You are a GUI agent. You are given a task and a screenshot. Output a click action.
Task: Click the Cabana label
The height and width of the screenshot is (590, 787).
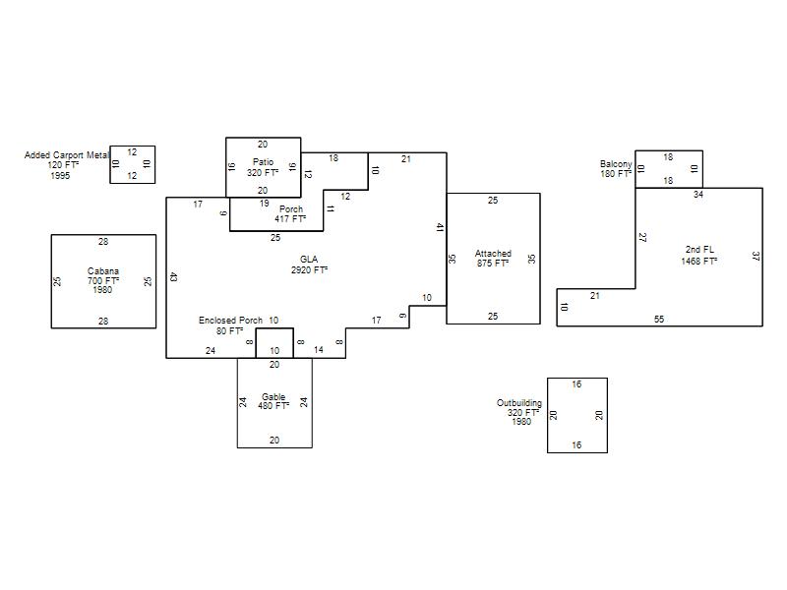(x=103, y=271)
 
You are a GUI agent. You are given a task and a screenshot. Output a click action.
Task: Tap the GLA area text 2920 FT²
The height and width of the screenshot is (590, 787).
(x=309, y=269)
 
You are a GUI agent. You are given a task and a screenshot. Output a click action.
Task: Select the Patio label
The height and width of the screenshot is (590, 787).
(x=263, y=162)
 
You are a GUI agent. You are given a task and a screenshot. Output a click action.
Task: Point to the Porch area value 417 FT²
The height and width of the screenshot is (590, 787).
(x=290, y=218)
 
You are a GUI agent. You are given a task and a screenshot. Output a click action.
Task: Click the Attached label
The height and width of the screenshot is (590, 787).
(x=493, y=254)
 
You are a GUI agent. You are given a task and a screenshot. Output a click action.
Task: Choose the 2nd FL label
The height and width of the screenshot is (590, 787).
(x=699, y=250)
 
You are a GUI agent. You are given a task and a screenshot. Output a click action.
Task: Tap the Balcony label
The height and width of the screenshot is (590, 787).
(x=616, y=164)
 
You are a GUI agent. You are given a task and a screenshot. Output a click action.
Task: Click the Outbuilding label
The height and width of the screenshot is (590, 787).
(x=519, y=403)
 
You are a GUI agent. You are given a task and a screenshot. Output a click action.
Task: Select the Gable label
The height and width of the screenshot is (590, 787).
(x=273, y=397)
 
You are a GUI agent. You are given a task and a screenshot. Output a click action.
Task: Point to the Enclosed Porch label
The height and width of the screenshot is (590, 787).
(x=230, y=321)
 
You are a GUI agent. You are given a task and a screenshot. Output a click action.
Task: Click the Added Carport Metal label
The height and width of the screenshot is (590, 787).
(x=67, y=155)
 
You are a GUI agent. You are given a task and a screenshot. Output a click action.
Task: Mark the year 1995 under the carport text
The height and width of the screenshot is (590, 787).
(x=60, y=176)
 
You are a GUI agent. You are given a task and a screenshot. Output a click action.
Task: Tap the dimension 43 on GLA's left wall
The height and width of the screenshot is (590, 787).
(x=173, y=276)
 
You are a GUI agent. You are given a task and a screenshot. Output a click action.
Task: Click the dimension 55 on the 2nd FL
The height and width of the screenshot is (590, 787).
(x=659, y=319)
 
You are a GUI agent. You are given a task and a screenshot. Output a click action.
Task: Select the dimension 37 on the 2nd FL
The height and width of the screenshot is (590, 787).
(x=756, y=257)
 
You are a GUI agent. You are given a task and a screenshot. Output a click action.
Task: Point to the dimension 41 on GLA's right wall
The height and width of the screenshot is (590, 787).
(x=440, y=228)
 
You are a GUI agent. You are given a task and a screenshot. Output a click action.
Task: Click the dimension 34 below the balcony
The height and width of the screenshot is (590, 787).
(x=698, y=194)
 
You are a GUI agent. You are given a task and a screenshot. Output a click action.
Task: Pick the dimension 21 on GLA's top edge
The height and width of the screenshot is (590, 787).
(x=406, y=159)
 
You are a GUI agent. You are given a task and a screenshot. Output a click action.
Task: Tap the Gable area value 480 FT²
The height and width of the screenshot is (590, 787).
(x=273, y=405)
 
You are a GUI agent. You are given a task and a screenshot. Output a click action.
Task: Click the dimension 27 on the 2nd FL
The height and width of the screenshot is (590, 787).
(x=642, y=237)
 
